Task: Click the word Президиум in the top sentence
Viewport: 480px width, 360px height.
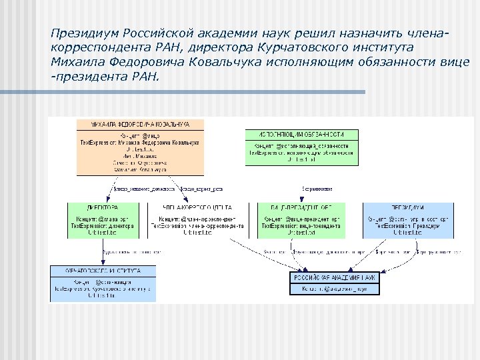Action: (x=82, y=32)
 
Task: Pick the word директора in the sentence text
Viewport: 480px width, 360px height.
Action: (x=229, y=47)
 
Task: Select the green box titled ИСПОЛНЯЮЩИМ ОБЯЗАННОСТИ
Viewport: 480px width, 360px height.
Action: (x=301, y=147)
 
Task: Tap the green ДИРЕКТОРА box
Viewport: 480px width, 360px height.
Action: (x=102, y=220)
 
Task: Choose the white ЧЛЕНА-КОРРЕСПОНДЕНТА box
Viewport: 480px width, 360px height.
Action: (x=197, y=220)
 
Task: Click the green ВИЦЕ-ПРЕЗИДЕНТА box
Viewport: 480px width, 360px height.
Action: (x=301, y=220)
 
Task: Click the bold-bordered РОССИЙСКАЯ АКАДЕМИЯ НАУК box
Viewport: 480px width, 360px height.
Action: (x=335, y=283)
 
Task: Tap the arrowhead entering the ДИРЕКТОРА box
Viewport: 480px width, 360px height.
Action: (x=102, y=201)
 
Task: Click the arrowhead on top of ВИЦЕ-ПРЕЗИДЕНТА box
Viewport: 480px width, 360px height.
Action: (x=301, y=201)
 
